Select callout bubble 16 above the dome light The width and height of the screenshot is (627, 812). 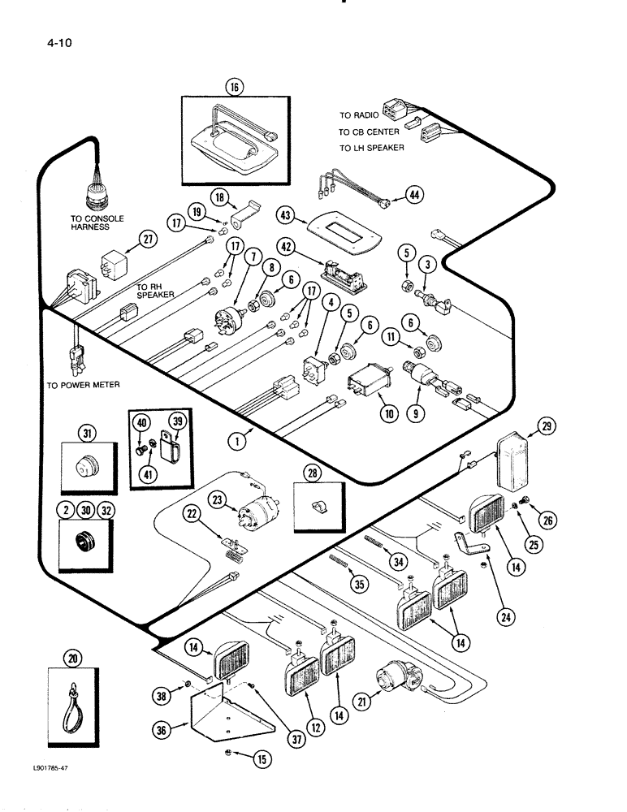coord(236,86)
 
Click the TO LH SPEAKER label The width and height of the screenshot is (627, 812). coord(371,148)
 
